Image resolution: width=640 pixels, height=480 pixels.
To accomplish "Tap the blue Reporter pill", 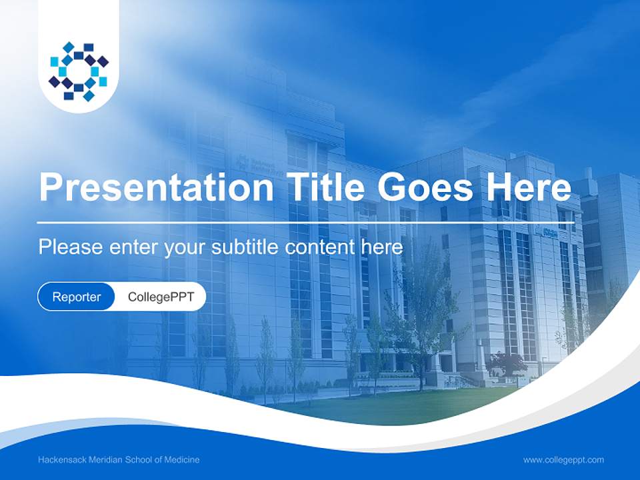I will coord(77,297).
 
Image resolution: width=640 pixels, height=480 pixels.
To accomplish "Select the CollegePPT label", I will coord(161,297).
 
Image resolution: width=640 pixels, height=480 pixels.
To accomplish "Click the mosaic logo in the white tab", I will coord(79,71).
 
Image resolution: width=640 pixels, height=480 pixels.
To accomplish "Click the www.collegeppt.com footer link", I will coord(563,460).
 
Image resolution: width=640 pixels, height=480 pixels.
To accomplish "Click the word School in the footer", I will coord(142,460).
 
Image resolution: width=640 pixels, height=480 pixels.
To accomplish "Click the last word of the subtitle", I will coord(381,247).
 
